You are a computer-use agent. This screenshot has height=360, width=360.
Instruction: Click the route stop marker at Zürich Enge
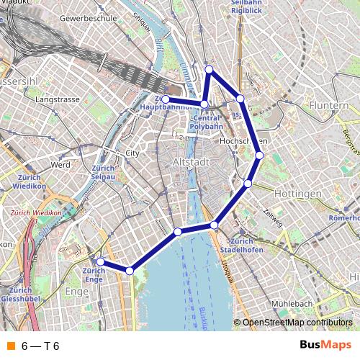point(101,262)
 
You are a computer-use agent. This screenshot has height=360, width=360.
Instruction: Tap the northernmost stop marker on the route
point(209,69)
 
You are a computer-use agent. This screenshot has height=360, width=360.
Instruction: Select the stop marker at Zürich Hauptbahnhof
point(166,99)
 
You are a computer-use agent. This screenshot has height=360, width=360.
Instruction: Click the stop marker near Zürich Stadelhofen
point(214,225)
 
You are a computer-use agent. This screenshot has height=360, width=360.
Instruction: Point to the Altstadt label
point(192,162)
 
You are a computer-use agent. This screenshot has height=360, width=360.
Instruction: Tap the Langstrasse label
point(57,99)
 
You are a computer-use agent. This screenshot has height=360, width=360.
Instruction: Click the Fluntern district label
point(328,105)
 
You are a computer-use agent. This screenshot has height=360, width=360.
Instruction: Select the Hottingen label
point(297,194)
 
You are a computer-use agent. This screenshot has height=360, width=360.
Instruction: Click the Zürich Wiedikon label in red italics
point(37,213)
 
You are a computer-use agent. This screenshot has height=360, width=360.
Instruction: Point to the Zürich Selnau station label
point(104,172)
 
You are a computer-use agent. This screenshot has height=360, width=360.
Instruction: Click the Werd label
point(60,165)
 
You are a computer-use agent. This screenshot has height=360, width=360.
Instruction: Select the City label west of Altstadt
point(132,153)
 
